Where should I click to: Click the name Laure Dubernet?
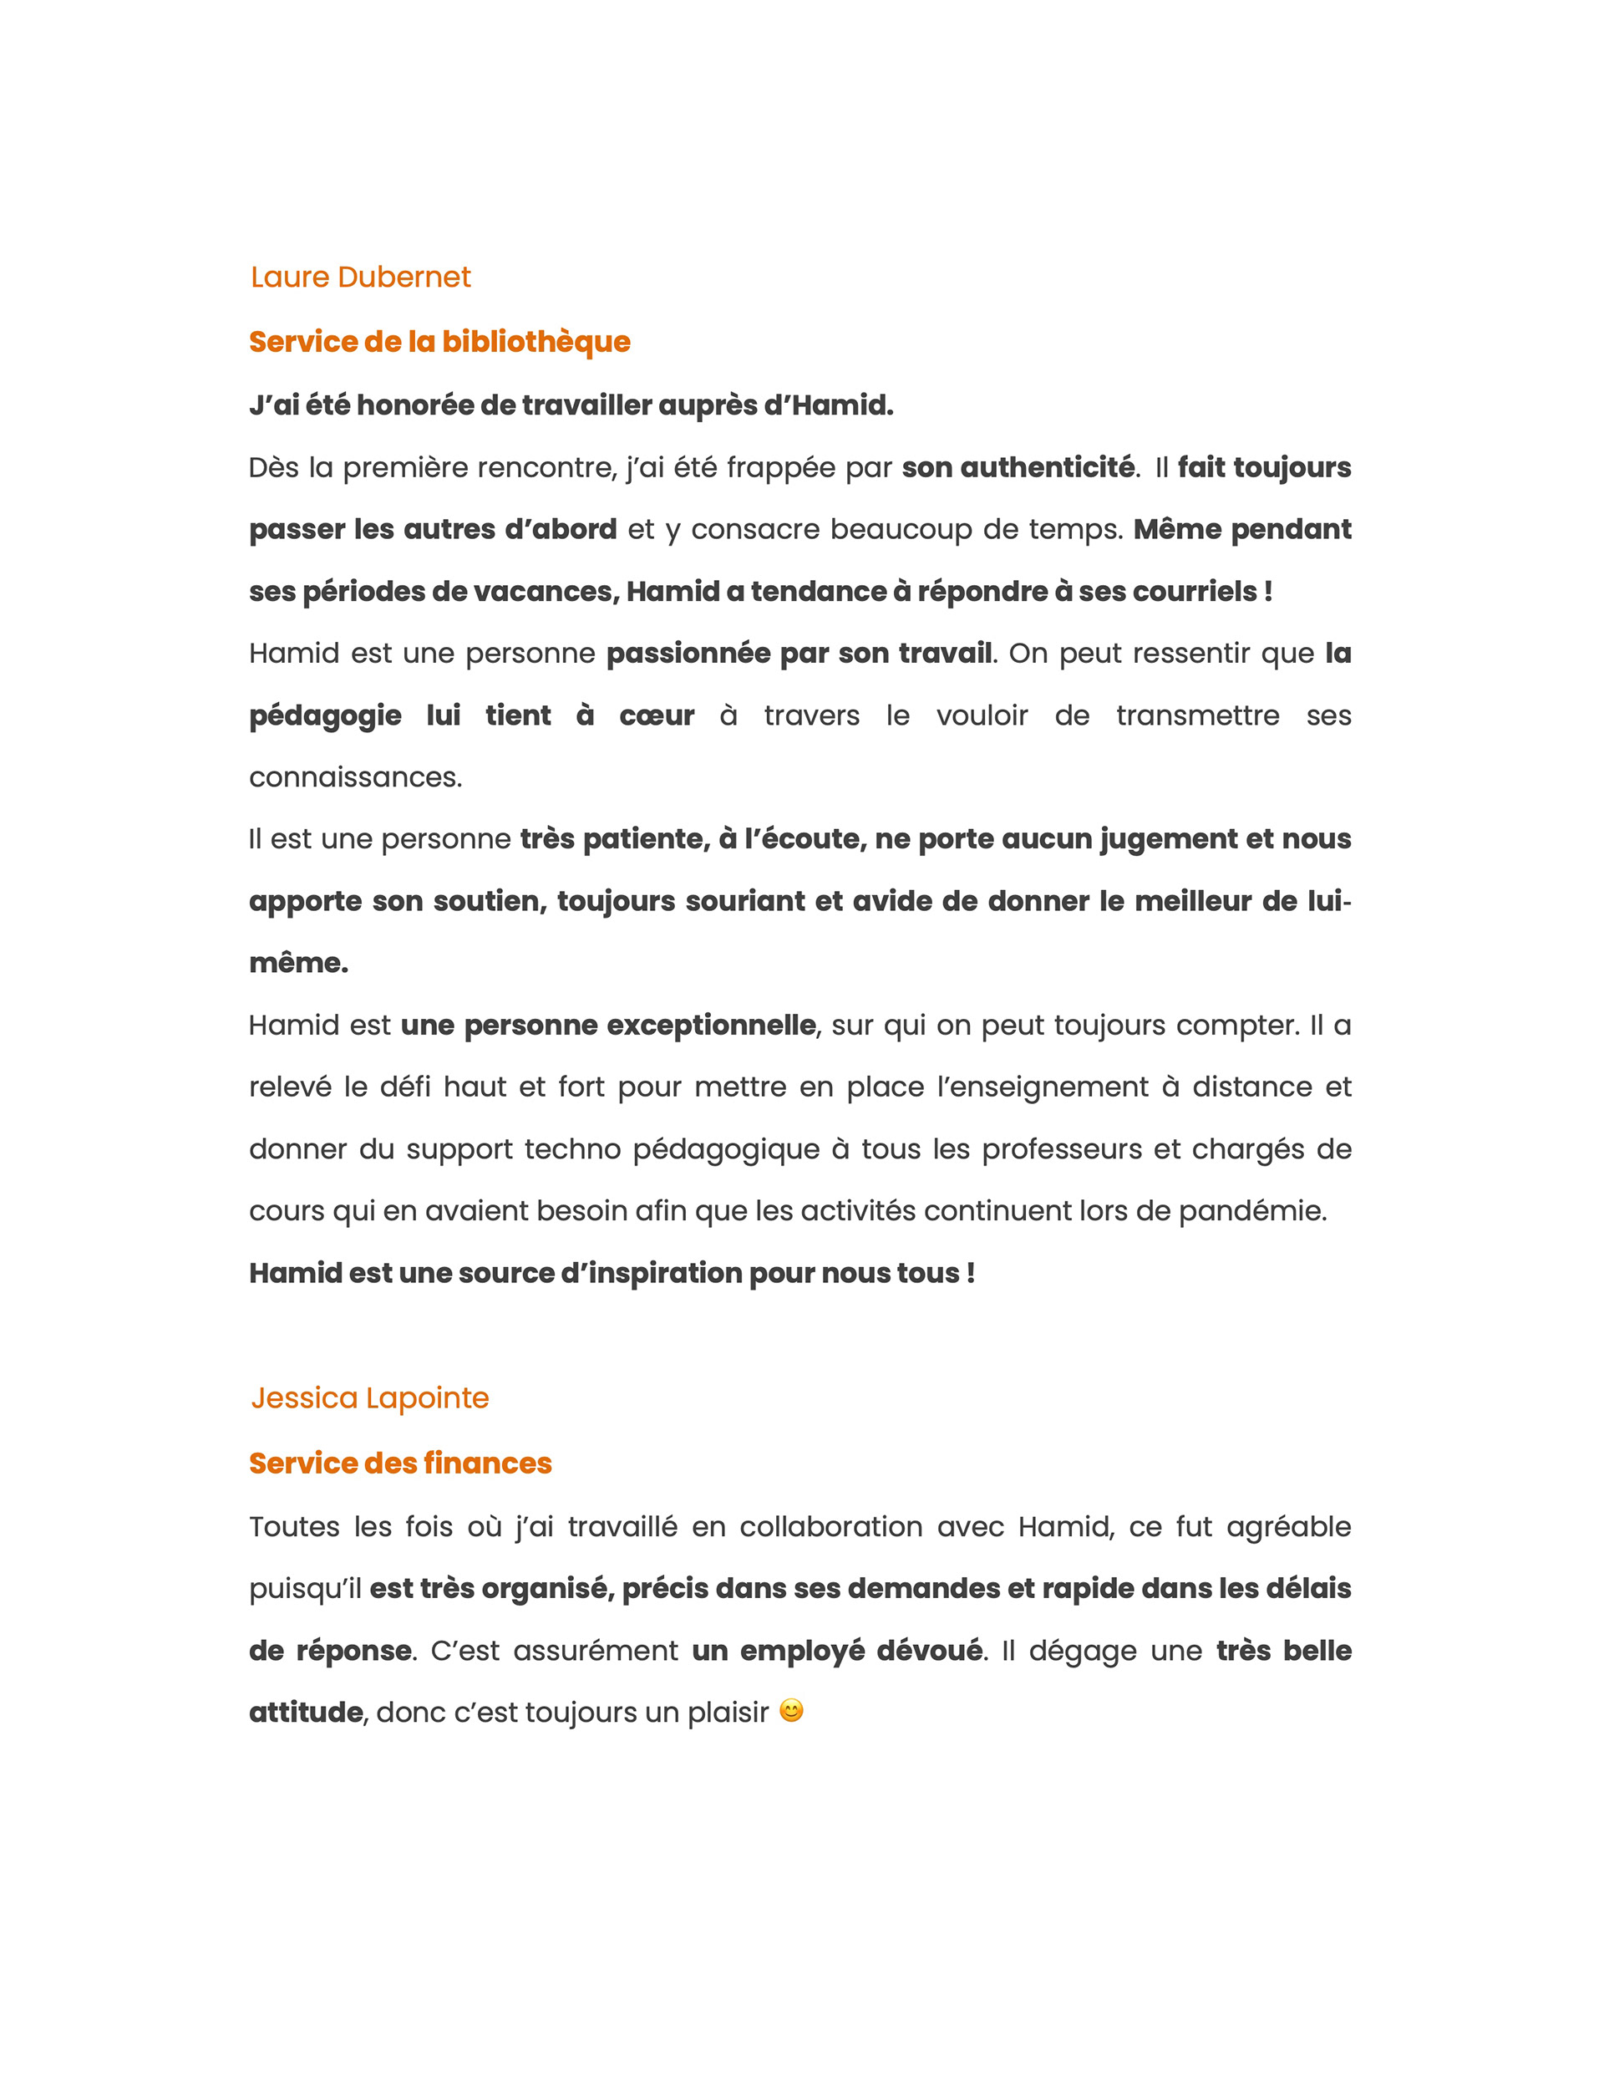360,277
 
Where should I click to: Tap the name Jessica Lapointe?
370,1398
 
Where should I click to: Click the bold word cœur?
657,715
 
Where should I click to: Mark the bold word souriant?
744,901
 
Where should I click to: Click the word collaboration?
830,1526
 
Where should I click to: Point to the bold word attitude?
305,1712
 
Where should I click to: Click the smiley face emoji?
791,1711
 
